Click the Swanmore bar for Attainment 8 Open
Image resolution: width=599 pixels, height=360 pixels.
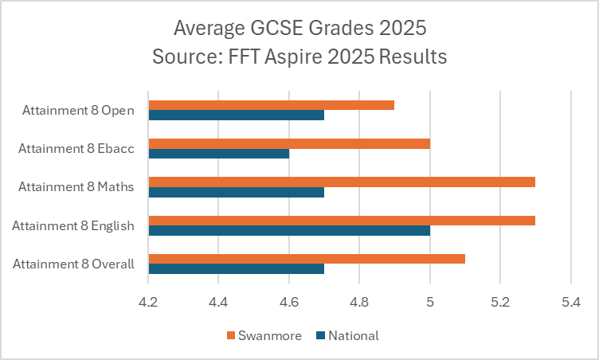(272, 105)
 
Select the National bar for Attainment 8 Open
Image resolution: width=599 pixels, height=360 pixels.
(237, 115)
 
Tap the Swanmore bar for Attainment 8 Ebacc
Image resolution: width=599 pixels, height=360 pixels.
(289, 143)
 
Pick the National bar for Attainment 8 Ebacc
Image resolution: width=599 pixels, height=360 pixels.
(219, 153)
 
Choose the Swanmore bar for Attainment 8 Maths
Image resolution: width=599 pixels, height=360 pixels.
(342, 182)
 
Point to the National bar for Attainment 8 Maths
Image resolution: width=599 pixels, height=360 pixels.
(237, 191)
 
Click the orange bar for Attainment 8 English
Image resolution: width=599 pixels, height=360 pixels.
(342, 220)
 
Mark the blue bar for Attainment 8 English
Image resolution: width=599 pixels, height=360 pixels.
(289, 230)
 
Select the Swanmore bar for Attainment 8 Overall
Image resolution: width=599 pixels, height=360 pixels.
(307, 259)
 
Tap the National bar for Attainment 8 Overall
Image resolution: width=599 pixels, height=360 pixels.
(237, 268)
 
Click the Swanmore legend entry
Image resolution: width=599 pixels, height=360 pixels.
(264, 335)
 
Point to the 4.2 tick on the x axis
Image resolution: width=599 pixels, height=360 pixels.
(148, 303)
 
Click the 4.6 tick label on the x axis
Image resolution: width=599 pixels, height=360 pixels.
(289, 303)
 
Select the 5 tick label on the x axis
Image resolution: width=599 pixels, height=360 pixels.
(430, 303)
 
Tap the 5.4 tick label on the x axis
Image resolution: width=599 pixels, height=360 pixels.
(570, 303)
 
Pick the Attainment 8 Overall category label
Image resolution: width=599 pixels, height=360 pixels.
(73, 264)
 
